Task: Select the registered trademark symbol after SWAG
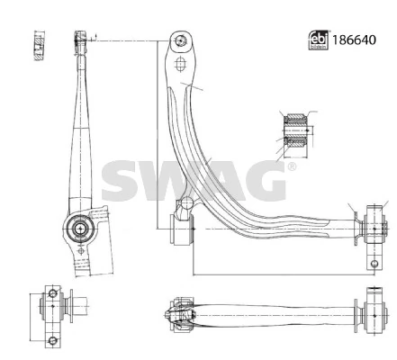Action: tap(290, 168)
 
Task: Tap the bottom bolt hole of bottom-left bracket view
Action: tap(52, 339)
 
